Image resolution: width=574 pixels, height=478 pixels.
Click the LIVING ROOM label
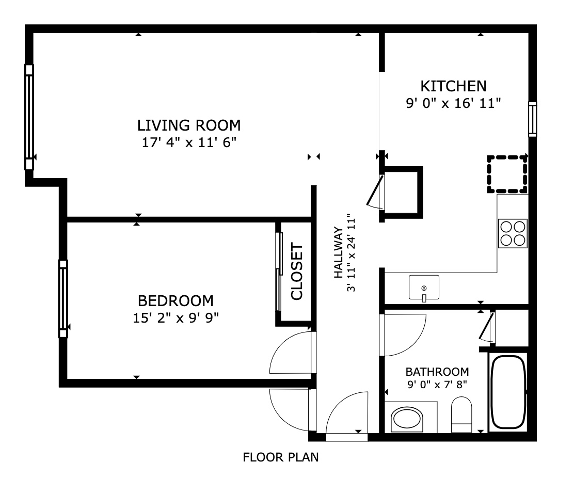click(x=189, y=125)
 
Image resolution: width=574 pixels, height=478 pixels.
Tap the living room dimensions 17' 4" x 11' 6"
click(x=189, y=142)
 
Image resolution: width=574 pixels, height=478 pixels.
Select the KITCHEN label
click(x=453, y=86)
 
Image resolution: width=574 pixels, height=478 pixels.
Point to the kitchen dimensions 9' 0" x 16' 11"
click(x=453, y=103)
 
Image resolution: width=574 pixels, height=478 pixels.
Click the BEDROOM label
click(x=176, y=301)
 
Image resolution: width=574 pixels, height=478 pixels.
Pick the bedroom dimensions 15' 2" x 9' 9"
click(x=176, y=317)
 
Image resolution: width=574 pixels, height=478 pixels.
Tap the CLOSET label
click(x=297, y=271)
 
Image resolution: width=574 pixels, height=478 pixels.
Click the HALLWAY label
click(x=339, y=252)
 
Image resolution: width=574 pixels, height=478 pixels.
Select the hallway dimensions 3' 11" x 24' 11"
click(x=351, y=252)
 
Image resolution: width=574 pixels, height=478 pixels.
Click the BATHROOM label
click(x=437, y=372)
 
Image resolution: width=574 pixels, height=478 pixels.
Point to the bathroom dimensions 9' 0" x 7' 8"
click(x=437, y=385)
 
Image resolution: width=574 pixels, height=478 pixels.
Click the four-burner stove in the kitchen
click(x=513, y=233)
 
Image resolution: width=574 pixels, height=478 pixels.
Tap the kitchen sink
click(x=424, y=288)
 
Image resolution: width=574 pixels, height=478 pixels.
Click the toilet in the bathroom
click(x=461, y=415)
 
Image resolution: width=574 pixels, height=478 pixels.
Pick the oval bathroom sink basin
click(x=407, y=418)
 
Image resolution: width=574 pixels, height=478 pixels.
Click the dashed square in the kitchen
click(x=507, y=174)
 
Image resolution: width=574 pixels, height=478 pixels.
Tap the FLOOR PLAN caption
click(x=281, y=457)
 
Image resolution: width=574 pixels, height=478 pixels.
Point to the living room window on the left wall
click(x=29, y=117)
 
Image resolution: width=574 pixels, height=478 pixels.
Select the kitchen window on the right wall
click(x=533, y=119)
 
